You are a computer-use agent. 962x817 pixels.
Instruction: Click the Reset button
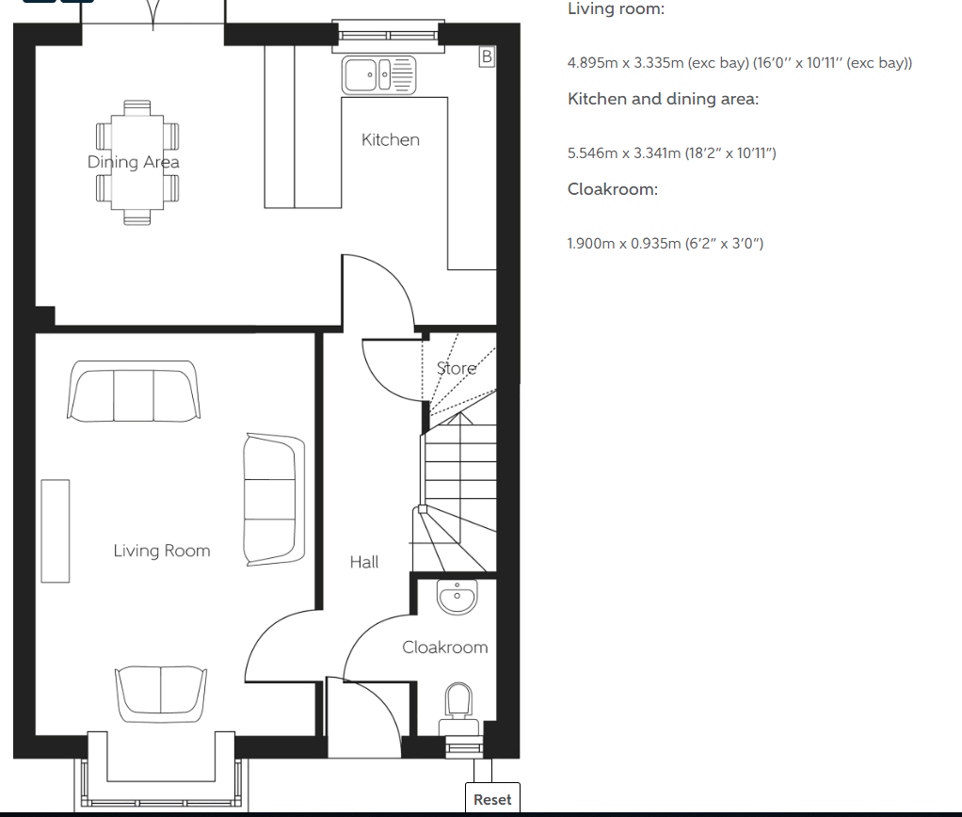492,798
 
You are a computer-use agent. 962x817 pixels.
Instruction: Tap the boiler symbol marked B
487,57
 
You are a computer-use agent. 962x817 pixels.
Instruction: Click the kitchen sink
379,75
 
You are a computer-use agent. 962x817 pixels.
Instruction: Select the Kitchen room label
391,140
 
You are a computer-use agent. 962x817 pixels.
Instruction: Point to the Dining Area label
133,162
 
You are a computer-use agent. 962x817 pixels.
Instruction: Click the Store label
457,368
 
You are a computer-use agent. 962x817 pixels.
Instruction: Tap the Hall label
364,562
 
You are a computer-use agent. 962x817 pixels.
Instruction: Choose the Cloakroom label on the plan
445,647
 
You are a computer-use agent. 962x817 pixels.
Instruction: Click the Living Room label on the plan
162,551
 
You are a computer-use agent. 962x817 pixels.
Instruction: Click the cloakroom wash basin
457,597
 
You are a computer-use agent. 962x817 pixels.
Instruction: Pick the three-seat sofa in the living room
133,392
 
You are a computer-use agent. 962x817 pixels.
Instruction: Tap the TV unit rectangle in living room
56,531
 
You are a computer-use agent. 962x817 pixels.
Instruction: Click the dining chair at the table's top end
136,108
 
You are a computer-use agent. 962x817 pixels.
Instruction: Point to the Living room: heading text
616,9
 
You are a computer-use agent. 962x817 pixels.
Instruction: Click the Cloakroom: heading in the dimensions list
612,189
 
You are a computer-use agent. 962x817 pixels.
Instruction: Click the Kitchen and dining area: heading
664,100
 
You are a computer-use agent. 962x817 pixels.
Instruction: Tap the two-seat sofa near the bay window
161,694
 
